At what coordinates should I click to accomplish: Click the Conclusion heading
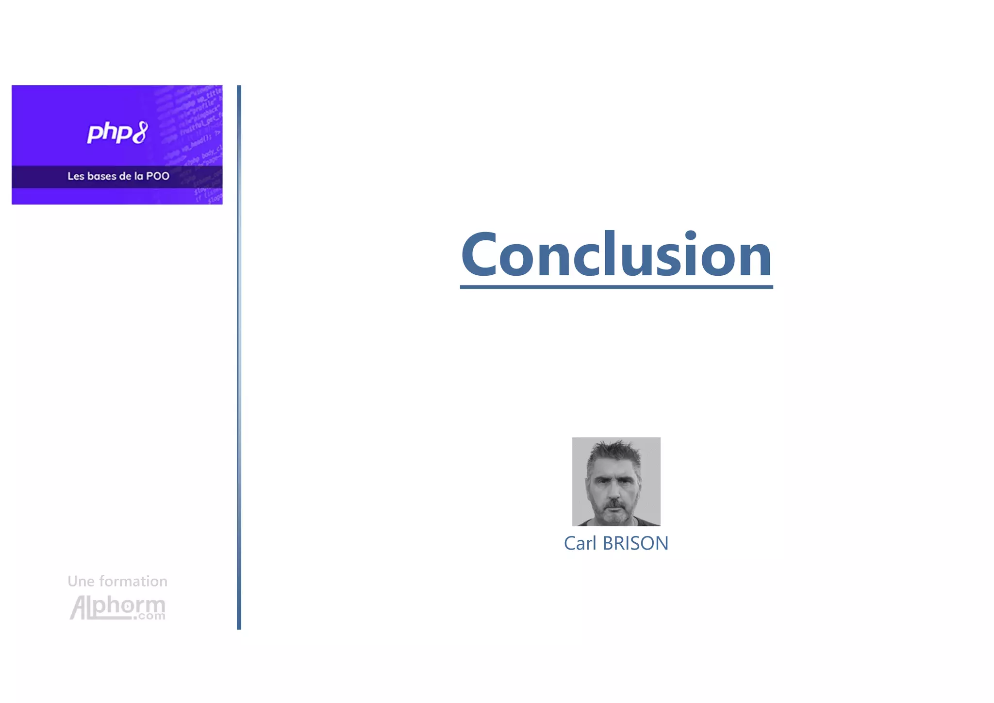[616, 254]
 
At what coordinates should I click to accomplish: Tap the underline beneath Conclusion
[616, 287]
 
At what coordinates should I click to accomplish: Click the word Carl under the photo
[580, 543]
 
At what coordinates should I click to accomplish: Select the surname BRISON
[635, 543]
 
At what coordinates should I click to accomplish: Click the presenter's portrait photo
[616, 481]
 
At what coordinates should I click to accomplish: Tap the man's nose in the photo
[615, 493]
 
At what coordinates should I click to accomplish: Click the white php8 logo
[117, 133]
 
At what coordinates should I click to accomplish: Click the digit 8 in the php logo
[140, 133]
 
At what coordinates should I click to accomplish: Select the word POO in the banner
[158, 176]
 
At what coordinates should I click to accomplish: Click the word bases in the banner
[102, 176]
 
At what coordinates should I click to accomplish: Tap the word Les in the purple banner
[76, 176]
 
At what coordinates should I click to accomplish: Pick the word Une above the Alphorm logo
[81, 581]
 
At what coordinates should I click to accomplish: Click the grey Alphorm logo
[117, 607]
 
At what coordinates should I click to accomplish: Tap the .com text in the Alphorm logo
[150, 616]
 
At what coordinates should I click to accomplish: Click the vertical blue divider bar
[239, 357]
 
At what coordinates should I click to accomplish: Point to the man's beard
[615, 515]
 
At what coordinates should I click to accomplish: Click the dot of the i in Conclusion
[690, 236]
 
